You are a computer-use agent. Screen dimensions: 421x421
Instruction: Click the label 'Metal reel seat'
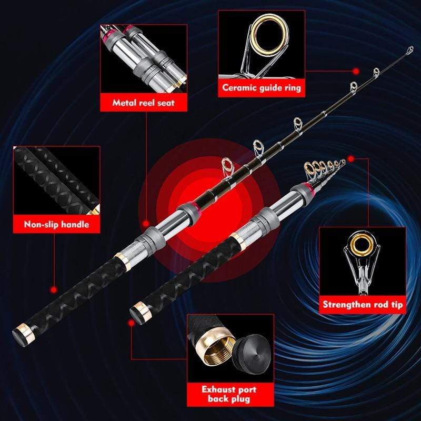(x=143, y=103)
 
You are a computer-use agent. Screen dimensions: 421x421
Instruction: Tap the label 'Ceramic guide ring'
(x=261, y=87)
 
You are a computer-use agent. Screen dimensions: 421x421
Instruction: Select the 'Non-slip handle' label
(x=56, y=224)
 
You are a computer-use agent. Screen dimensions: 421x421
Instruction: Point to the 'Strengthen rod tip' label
(x=364, y=304)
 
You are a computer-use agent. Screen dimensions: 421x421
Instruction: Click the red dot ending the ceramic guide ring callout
(x=356, y=70)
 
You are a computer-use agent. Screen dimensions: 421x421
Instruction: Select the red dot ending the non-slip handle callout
(x=53, y=289)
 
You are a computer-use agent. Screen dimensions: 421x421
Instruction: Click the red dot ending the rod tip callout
(x=349, y=157)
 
